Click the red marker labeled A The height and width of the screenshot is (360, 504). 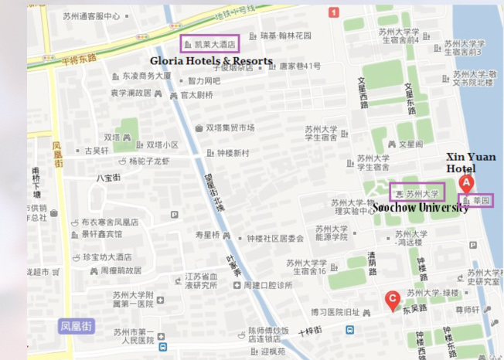click(x=466, y=184)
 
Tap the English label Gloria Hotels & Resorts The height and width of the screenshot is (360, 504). click(x=211, y=60)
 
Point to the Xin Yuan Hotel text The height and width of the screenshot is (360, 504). click(x=471, y=163)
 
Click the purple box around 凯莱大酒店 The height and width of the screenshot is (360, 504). click(x=209, y=44)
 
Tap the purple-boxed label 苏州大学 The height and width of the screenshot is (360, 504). click(x=417, y=193)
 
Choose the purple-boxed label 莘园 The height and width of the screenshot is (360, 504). click(x=477, y=201)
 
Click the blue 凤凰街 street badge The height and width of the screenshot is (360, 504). click(x=76, y=326)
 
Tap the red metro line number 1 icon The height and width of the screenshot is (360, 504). click(x=333, y=12)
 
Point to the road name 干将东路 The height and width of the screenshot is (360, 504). click(x=80, y=58)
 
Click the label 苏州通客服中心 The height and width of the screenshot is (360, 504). click(x=91, y=15)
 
